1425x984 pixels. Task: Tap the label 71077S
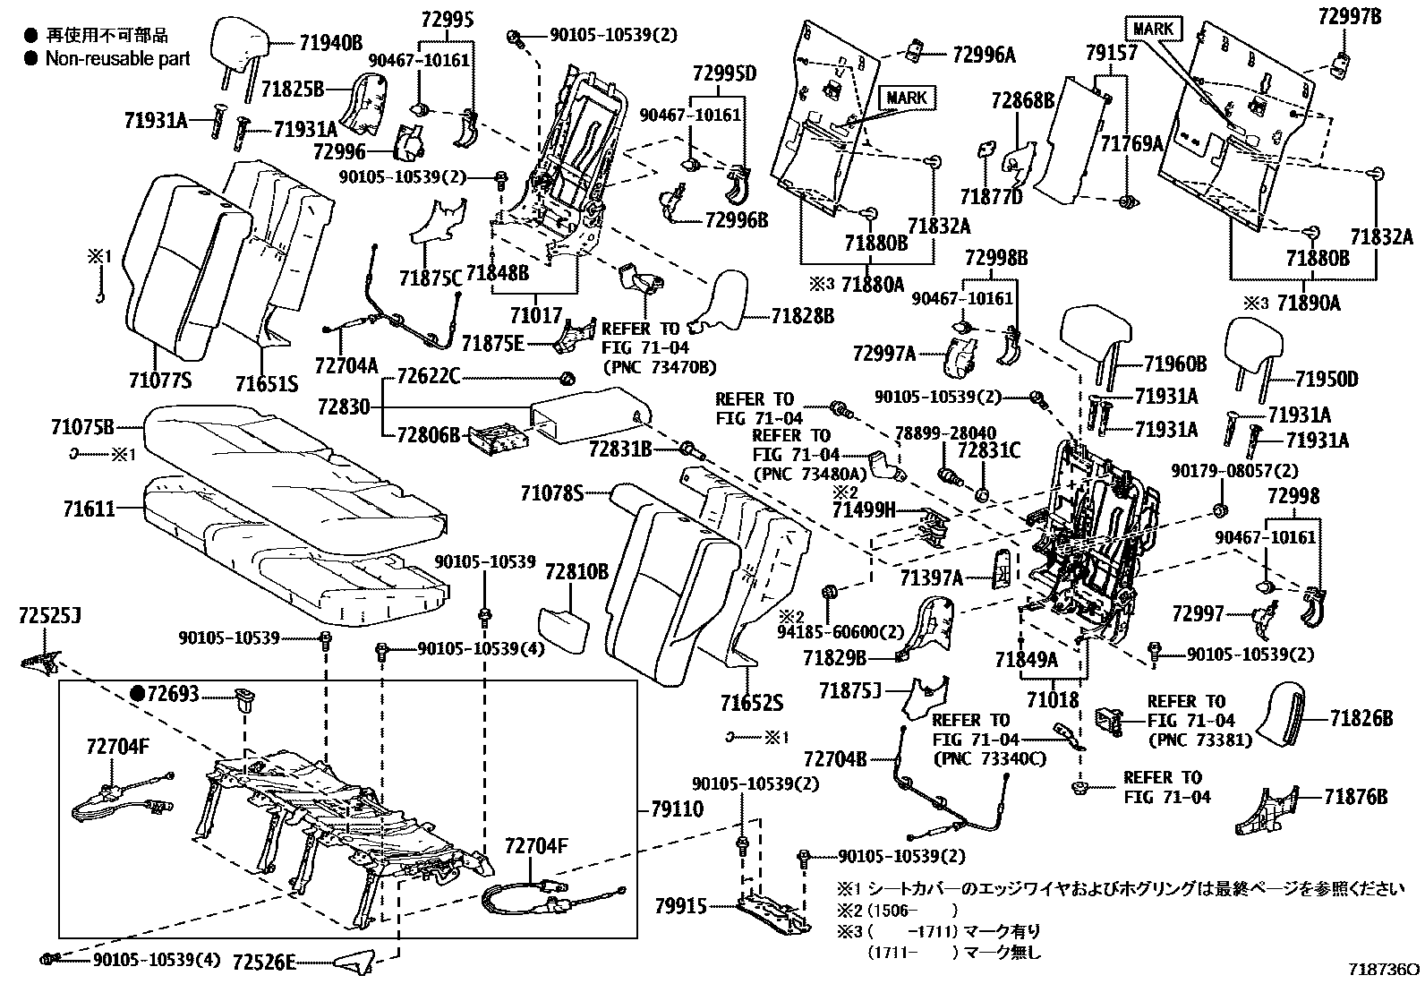[158, 381]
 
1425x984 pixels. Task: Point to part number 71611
[89, 509]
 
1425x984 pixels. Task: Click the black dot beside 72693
[137, 694]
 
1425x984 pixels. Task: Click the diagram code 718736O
[1385, 970]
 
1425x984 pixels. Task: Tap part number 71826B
[1361, 717]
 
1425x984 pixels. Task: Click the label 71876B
[1356, 795]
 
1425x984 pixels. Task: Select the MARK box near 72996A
[907, 98]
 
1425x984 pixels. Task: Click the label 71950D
[1327, 380]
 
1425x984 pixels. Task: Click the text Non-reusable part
[118, 59]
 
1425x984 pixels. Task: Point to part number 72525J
[49, 616]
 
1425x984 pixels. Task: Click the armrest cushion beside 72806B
[588, 415]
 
